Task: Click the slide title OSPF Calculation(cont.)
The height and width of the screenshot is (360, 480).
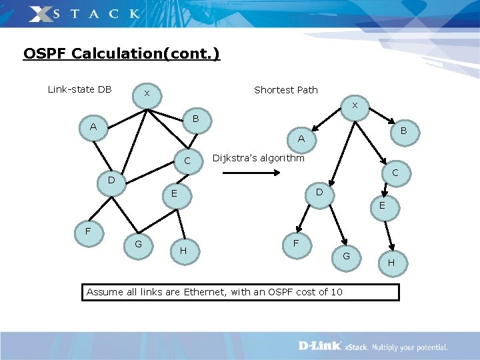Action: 121,53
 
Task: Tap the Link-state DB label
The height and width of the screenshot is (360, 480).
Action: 80,89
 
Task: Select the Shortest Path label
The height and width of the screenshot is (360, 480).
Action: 286,90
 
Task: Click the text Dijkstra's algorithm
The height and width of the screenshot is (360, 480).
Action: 258,158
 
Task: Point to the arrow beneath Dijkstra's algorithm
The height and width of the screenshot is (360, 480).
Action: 250,173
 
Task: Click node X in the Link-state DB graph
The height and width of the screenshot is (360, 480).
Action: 147,94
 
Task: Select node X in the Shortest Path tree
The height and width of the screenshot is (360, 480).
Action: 355,106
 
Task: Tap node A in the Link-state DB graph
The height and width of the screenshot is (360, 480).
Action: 93,127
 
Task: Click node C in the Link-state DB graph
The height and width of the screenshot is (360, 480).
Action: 187,161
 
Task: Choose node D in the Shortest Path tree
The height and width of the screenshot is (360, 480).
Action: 319,192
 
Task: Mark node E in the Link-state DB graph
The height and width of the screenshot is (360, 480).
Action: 173,194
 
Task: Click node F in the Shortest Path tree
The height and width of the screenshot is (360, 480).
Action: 295,244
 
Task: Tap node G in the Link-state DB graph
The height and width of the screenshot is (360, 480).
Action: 138,244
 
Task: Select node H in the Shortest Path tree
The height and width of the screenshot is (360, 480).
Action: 391,263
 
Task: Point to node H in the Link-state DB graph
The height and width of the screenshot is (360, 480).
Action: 182,251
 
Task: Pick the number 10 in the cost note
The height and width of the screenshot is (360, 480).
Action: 336,292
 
